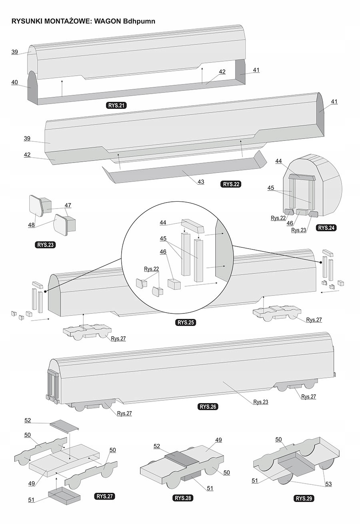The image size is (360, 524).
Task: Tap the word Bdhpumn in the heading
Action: [x=138, y=21]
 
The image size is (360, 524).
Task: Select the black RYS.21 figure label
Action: [x=116, y=106]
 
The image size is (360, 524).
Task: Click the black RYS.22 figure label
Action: [x=231, y=184]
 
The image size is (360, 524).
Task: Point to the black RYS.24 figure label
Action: [x=326, y=228]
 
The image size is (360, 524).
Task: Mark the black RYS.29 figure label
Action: [x=304, y=498]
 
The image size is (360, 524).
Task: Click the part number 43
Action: [x=201, y=181]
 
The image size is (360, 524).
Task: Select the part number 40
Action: [x=14, y=82]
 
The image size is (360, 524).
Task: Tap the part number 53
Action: [x=328, y=484]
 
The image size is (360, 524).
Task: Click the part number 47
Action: [x=68, y=205]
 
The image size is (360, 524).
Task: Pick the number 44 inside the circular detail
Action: [x=163, y=222]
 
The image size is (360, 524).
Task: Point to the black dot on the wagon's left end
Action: [x=45, y=291]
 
